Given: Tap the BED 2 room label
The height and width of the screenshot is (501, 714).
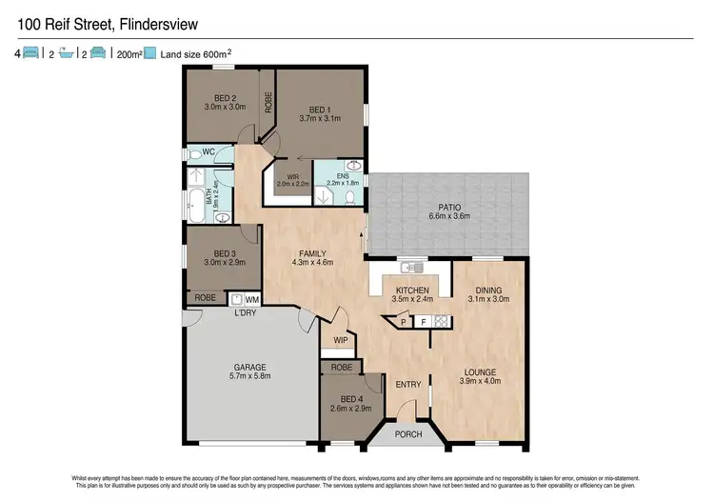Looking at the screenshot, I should coord(225,98).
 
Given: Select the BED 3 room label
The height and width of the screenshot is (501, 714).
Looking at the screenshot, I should coord(225,253).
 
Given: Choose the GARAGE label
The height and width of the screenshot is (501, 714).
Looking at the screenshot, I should coord(250,367).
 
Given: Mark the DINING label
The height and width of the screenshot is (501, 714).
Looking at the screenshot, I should coord(484,291).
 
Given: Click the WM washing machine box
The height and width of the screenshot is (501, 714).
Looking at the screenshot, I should coord(251,299).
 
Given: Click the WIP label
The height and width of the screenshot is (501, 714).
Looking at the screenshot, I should coord(340,340).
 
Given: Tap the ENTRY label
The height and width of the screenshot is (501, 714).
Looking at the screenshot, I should coord(407,384).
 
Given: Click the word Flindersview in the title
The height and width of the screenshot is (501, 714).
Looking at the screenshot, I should coord(161,17).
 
